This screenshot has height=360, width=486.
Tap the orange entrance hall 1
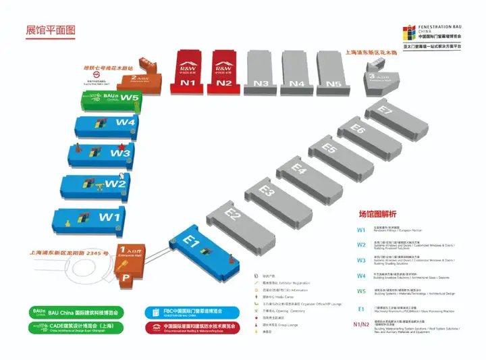coord(131,256)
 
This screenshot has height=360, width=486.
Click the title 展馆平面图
coord(51,30)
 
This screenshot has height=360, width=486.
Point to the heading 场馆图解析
coord(377,214)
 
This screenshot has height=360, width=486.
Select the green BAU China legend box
coord(74,313)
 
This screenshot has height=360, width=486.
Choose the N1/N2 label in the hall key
coord(361,324)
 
